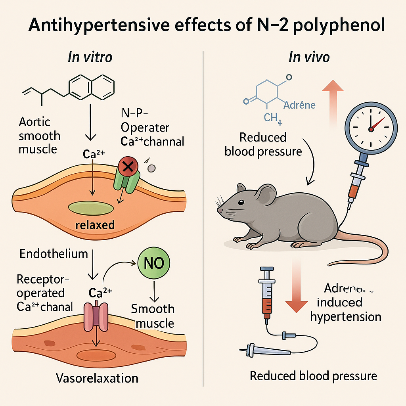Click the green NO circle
click(x=153, y=263)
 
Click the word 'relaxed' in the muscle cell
click(x=95, y=225)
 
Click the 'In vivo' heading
click(x=309, y=57)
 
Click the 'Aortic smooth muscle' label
click(x=39, y=136)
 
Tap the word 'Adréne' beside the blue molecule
click(x=300, y=105)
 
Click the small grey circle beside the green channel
click(x=151, y=168)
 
